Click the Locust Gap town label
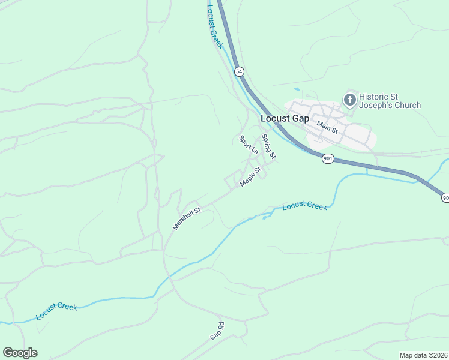(285, 118)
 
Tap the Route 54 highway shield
(239, 71)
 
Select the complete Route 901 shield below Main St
(327, 158)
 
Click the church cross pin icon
(349, 99)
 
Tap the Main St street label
(328, 127)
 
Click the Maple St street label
(250, 177)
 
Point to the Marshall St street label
(185, 218)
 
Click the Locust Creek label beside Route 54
(214, 26)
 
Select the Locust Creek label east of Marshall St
(304, 206)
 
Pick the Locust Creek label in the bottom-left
(56, 311)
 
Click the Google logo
(20, 353)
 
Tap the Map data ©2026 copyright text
(423, 355)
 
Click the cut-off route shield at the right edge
(445, 197)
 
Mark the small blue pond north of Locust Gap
(296, 89)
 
